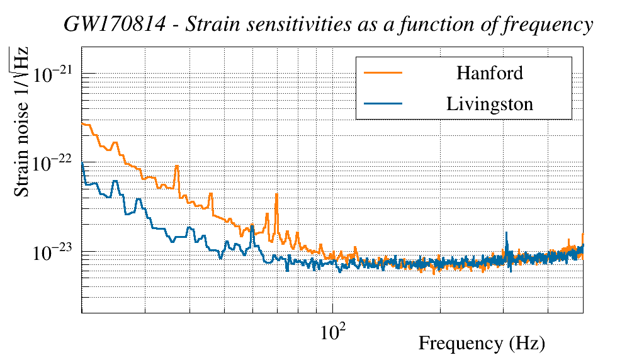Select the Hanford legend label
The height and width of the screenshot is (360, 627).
pos(490,73)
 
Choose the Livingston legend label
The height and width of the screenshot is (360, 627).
pos(490,104)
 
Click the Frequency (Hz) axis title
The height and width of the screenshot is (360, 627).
pos(482,344)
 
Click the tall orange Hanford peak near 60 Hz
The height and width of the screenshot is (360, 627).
pos(276,196)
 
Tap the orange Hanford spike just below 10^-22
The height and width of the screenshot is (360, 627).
pos(177,166)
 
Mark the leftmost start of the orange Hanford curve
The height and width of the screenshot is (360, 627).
pos(82,123)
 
